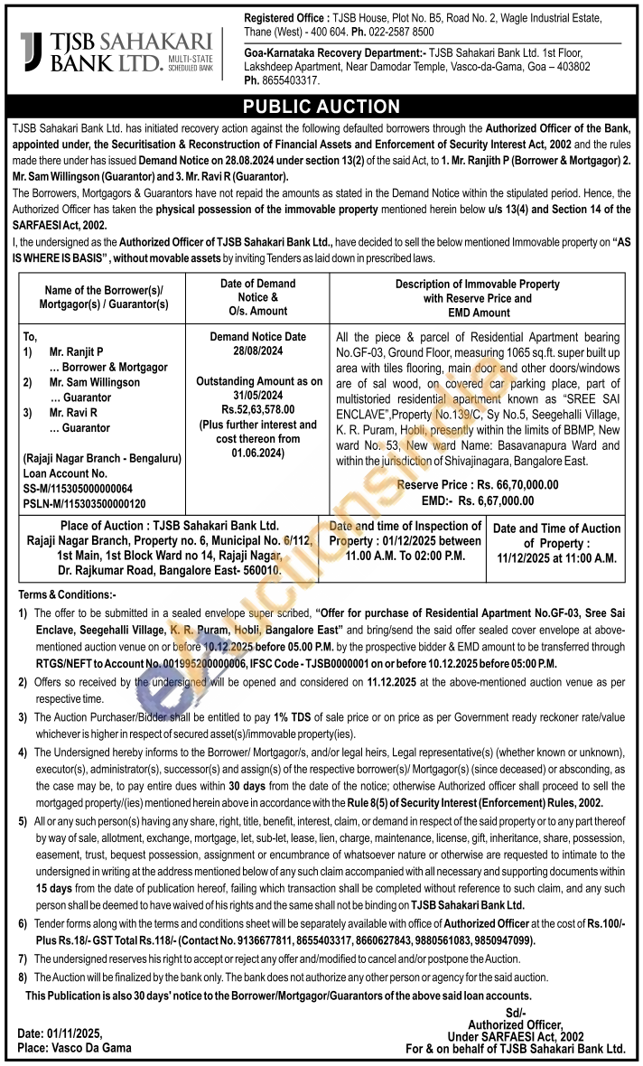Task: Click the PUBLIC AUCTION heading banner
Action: pos(321,107)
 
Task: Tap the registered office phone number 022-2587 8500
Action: pos(396,32)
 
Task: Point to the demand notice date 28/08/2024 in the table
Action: pos(258,350)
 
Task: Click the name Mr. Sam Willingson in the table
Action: pos(95,382)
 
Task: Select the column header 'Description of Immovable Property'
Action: pos(478,284)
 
